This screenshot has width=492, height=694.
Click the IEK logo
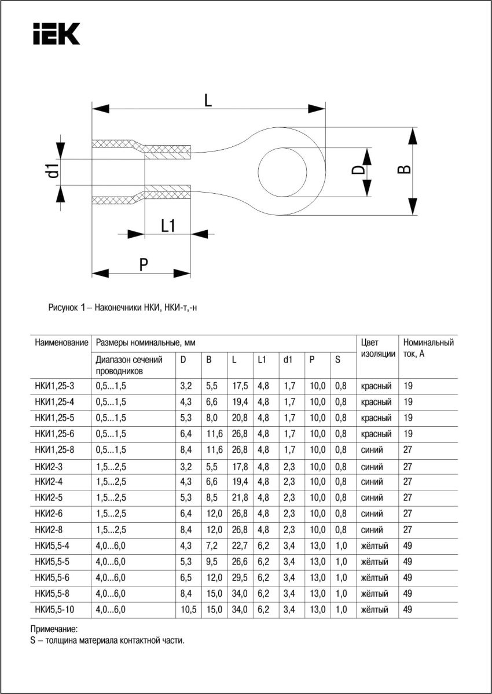56,34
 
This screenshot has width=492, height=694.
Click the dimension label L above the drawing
208,99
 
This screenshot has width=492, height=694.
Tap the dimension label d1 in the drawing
53,171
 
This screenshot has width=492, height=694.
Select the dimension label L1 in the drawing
168,226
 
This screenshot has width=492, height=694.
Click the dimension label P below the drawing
144,264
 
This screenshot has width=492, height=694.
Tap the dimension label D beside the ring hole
359,171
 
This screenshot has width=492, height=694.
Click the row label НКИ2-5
49,497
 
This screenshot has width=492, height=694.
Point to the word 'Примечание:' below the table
53,629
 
